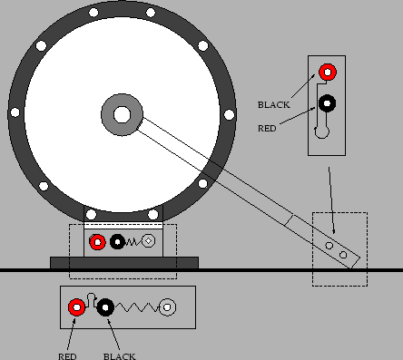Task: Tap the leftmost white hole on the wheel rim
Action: click(x=15, y=112)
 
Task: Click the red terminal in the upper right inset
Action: click(x=327, y=72)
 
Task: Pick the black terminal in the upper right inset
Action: click(x=327, y=102)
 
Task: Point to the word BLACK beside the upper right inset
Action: click(x=274, y=105)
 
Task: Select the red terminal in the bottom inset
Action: click(x=77, y=308)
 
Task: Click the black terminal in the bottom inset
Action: click(x=106, y=308)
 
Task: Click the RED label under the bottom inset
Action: click(x=68, y=355)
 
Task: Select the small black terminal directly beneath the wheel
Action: click(x=116, y=242)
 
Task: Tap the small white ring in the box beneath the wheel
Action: click(x=149, y=242)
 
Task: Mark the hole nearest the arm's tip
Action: click(x=343, y=256)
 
